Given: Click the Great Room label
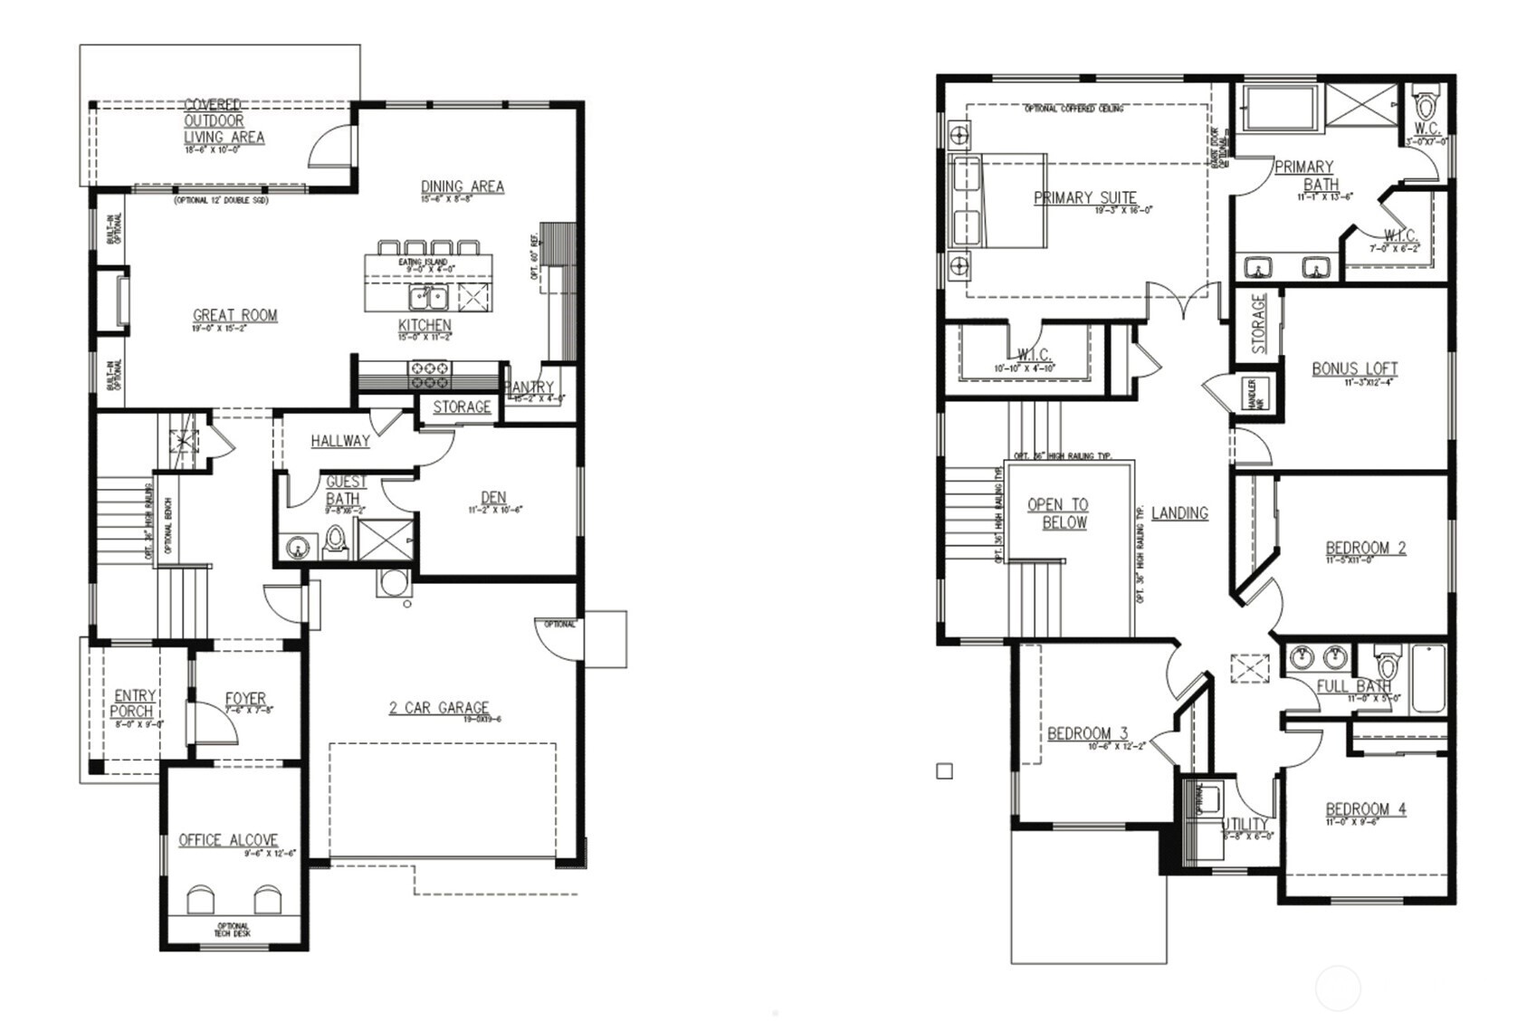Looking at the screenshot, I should click(x=234, y=316).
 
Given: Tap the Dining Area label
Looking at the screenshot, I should click(x=462, y=186).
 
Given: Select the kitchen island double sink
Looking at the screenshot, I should click(x=427, y=297).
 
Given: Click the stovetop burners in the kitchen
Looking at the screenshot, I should click(x=431, y=368).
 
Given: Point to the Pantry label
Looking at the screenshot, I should click(x=531, y=387).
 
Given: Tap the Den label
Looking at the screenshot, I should click(x=493, y=498).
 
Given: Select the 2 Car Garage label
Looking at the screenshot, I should click(x=439, y=708).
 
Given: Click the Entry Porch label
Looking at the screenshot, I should click(x=133, y=703).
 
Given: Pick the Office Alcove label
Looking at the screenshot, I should click(x=228, y=840).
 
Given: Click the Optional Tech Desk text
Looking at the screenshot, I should click(x=233, y=930).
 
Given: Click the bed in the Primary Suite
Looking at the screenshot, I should click(x=997, y=201).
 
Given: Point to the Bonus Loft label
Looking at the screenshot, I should click(x=1354, y=368).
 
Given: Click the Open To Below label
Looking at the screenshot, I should click(x=1058, y=513).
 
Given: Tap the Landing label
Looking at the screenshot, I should click(x=1179, y=513).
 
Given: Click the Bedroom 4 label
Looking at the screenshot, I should click(x=1366, y=809).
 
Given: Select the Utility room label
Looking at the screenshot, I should click(x=1246, y=824).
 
